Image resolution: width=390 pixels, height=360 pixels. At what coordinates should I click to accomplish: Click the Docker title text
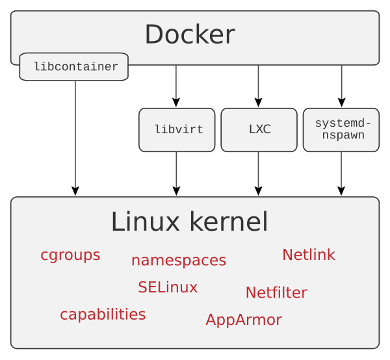click(x=189, y=34)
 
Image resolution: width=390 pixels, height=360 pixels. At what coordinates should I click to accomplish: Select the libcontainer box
click(x=74, y=67)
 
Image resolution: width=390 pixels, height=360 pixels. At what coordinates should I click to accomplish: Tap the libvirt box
click(x=177, y=130)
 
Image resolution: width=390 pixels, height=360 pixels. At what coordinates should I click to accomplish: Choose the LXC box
click(x=259, y=130)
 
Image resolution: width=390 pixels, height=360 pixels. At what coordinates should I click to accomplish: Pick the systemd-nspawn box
click(x=341, y=130)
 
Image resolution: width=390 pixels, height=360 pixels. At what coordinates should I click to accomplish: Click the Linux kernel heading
click(x=189, y=222)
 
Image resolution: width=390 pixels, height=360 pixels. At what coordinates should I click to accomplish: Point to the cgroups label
click(x=70, y=255)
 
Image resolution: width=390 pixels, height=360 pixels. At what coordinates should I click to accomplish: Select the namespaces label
click(x=178, y=261)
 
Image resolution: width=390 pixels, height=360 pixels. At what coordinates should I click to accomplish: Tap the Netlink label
click(x=308, y=255)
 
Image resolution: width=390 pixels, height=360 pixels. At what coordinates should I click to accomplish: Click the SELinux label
click(x=167, y=287)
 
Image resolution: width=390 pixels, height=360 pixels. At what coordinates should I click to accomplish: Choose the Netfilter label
click(x=276, y=293)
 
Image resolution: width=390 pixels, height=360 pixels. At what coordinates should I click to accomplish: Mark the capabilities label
click(x=103, y=315)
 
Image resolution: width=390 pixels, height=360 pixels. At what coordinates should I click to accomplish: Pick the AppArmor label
click(x=243, y=320)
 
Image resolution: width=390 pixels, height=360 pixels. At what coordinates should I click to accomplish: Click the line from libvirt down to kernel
click(x=176, y=170)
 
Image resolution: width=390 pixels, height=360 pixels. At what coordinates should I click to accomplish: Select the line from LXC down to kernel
click(x=258, y=170)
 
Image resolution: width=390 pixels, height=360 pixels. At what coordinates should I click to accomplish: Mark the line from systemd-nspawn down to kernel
click(x=341, y=170)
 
